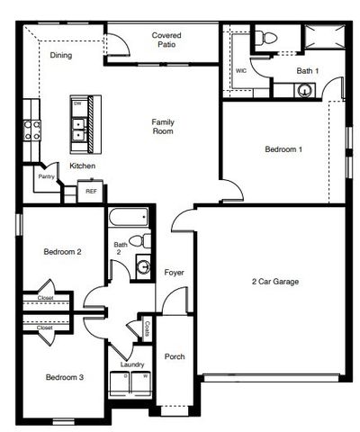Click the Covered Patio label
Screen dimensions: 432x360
click(166, 39)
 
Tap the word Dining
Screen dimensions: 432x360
click(61, 56)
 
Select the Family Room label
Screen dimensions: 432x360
click(163, 126)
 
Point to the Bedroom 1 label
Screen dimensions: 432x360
click(283, 148)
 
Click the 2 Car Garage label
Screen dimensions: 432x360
click(274, 282)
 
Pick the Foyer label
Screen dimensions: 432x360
click(175, 272)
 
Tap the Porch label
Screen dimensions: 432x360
click(175, 356)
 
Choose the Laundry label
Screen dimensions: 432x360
click(132, 364)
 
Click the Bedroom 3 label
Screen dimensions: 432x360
click(65, 376)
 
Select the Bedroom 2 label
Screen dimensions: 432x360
click(63, 253)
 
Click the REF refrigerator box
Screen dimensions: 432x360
click(91, 192)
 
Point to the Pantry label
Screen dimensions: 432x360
click(47, 176)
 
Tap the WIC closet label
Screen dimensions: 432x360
click(241, 70)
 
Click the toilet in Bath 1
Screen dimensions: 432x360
click(263, 38)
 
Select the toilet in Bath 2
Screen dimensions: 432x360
click(138, 240)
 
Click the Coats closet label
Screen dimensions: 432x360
click(147, 329)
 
